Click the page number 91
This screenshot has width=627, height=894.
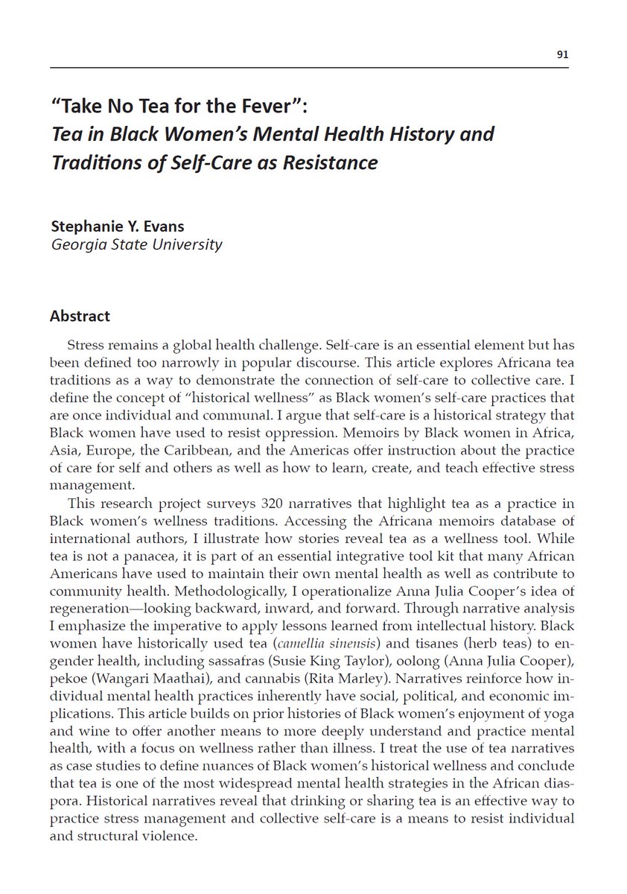(x=563, y=54)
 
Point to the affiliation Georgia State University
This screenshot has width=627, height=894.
(x=136, y=244)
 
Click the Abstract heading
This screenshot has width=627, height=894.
(x=80, y=316)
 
